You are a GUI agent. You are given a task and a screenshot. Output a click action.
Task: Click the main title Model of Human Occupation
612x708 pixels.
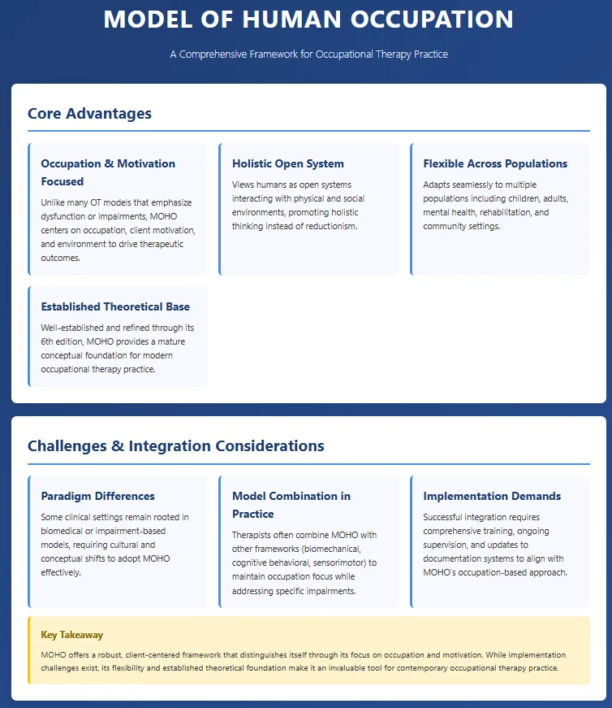(308, 20)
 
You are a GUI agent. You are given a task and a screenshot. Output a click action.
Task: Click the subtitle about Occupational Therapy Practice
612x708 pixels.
(308, 54)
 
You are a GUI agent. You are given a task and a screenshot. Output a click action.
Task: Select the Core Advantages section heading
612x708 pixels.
(89, 113)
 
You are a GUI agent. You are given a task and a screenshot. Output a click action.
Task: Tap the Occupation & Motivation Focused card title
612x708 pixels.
(108, 172)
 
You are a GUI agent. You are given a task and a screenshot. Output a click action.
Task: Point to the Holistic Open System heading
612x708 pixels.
(288, 163)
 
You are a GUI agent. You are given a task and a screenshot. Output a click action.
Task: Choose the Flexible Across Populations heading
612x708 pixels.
(495, 163)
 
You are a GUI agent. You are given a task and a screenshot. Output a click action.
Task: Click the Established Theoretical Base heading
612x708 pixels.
(115, 306)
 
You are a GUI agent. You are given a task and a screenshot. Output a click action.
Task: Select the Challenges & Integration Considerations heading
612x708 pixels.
(175, 445)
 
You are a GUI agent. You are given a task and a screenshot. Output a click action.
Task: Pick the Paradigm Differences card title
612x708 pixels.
(97, 496)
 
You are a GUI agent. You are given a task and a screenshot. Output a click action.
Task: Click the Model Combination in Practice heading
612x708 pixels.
(291, 505)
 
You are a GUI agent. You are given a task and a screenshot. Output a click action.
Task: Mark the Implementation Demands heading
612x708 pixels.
(492, 496)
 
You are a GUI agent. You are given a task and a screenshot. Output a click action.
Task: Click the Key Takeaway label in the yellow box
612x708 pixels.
(71, 634)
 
